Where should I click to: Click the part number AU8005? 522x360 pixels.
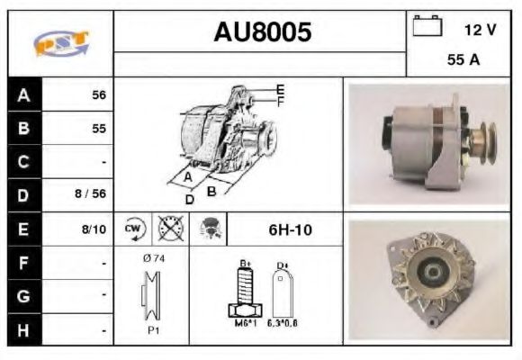(262, 32)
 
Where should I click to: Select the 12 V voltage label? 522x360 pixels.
(480, 29)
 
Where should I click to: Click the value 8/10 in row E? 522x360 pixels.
(93, 229)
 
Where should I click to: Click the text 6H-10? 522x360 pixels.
(290, 229)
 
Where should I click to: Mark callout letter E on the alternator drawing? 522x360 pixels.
(280, 88)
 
